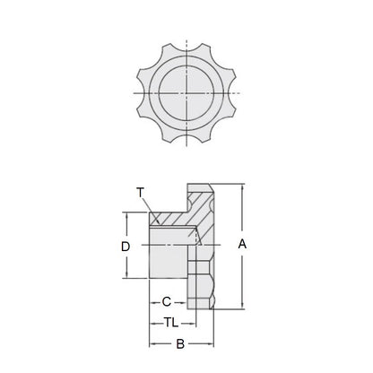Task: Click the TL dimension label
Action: coord(169,322)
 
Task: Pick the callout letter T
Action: coord(140,191)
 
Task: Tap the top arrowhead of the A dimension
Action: coord(242,187)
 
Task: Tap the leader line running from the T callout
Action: coord(149,204)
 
